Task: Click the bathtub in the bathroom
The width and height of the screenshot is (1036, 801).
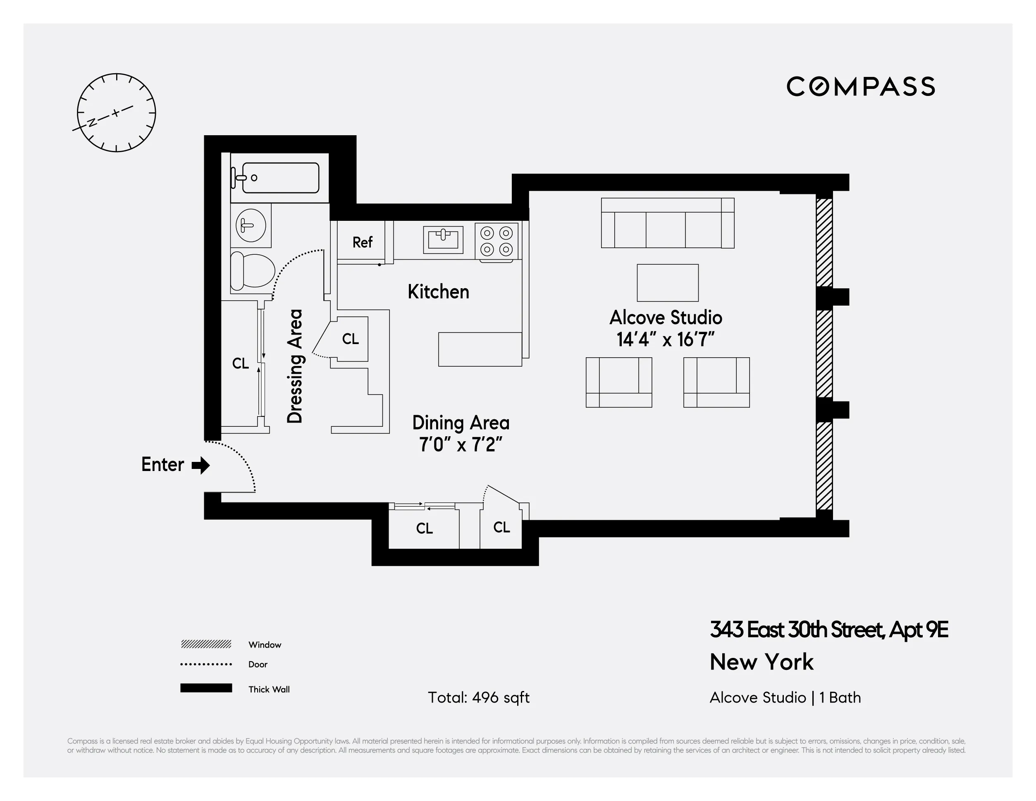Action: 280,178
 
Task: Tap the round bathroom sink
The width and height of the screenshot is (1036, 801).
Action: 251,225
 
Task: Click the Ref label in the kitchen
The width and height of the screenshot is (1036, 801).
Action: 363,242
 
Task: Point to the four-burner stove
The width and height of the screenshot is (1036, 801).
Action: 497,241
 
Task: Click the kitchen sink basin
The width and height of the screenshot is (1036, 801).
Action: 443,239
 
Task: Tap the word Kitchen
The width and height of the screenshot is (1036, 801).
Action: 438,292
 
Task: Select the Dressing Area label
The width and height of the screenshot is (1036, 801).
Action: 295,366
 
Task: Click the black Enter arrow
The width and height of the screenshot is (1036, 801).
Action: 201,465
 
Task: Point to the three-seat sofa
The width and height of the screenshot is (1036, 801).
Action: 667,223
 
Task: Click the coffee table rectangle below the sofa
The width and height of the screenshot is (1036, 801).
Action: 667,283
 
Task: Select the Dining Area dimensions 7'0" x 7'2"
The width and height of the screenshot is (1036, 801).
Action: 460,445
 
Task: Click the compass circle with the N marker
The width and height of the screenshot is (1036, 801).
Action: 116,113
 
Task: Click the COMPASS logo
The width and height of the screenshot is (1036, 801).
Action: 860,87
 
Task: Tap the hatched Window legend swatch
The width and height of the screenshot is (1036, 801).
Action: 206,644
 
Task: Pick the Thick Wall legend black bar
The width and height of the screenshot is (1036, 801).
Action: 206,688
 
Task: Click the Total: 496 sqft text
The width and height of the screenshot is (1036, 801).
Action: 478,698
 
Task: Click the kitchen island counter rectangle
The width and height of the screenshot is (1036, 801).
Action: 480,349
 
